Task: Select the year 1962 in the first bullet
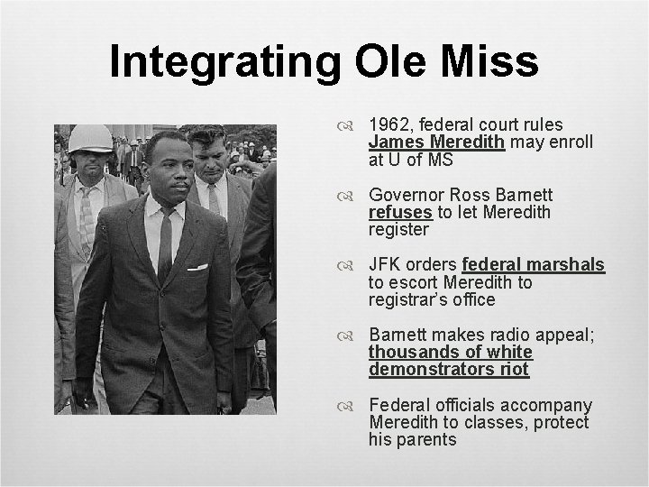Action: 388,124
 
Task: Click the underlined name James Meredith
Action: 436,142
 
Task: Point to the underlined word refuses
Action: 398,212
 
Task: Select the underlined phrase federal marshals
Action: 533,265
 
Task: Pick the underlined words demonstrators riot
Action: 449,369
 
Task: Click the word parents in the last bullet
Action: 425,439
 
